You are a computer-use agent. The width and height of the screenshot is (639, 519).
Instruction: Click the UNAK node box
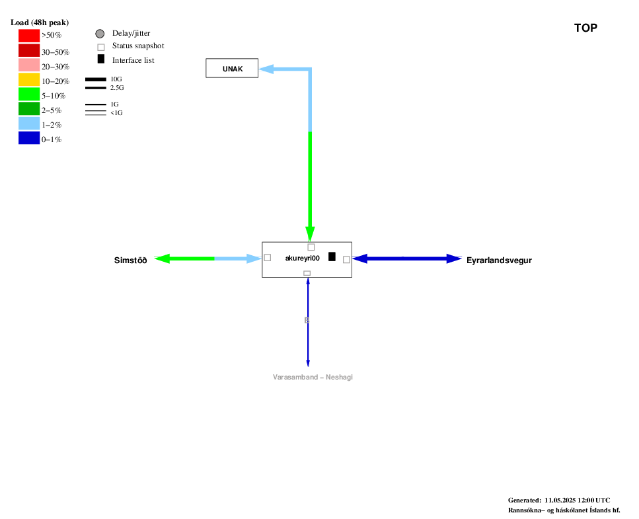coord(232,68)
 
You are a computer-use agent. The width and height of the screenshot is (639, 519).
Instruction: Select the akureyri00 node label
coord(303,258)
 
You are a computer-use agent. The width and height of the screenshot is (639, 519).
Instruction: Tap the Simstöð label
coord(130,260)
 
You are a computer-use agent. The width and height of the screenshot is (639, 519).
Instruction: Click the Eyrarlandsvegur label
coord(499,260)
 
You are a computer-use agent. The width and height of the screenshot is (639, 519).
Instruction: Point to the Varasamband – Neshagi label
coord(313,377)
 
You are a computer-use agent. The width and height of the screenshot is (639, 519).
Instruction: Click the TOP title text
coord(585,28)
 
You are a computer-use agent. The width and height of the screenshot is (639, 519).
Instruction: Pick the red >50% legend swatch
coord(29,36)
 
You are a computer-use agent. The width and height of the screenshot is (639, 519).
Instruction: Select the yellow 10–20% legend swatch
coord(29,79)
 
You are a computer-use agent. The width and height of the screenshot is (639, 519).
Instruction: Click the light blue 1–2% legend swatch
coord(29,123)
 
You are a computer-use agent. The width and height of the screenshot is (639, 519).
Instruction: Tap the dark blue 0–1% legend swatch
coord(29,138)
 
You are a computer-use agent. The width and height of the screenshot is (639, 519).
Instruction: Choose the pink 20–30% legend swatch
coord(29,65)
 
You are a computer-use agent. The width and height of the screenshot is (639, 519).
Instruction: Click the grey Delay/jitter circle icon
coord(100,34)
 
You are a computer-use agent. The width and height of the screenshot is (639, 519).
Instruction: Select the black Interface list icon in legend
coord(101,59)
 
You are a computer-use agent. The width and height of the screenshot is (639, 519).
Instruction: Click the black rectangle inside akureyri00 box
coord(332,257)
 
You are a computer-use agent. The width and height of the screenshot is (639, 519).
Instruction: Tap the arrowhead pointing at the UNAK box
coord(266,69)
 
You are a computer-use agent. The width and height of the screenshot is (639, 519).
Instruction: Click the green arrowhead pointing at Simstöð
coord(162,259)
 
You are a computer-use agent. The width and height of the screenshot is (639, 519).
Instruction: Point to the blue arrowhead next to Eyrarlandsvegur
coord(454,259)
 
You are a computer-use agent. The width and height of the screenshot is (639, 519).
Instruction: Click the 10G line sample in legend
coord(96,79)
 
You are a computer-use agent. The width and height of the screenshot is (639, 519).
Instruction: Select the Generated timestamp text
coord(559,500)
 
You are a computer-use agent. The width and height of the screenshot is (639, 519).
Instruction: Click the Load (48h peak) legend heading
coord(40,22)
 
